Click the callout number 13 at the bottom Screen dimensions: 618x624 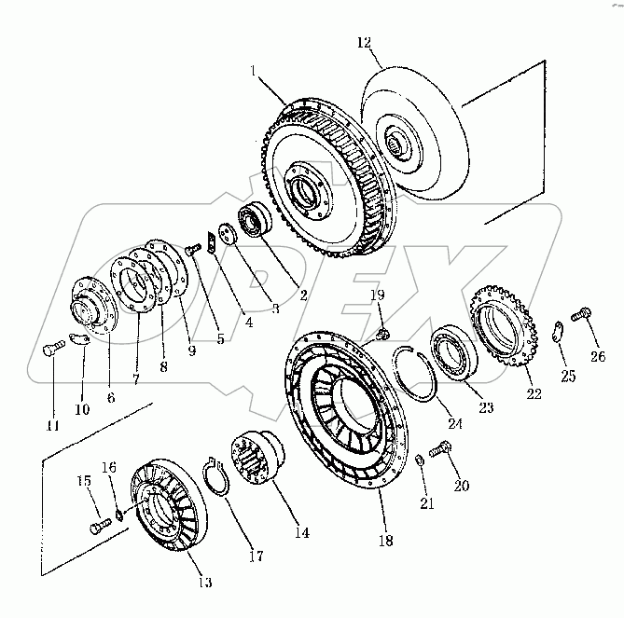click(x=203, y=583)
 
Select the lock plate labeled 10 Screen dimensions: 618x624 click(x=78, y=344)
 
